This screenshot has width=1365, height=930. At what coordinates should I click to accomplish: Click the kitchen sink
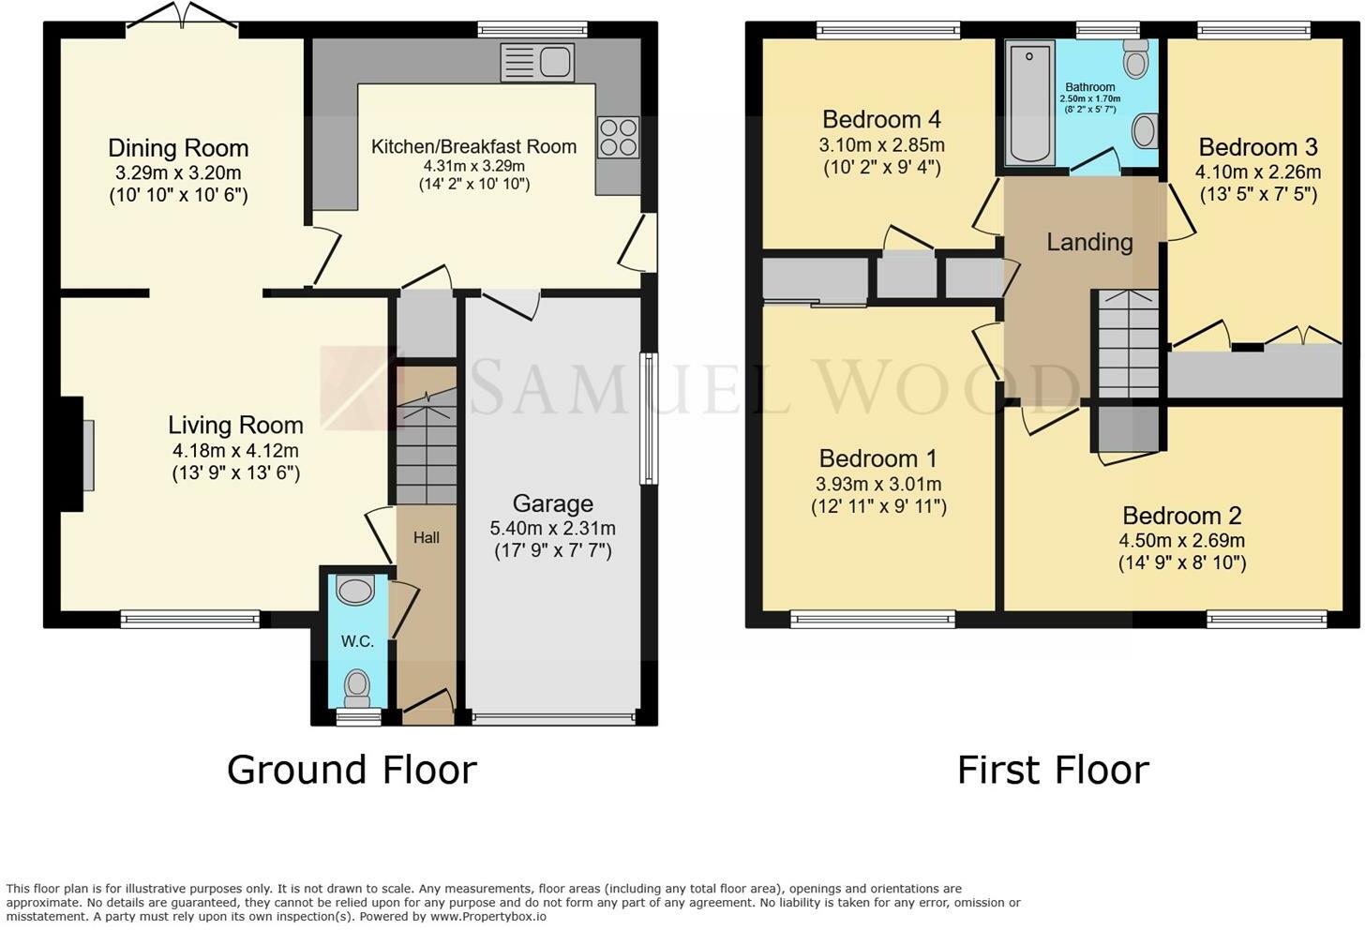pos(537,62)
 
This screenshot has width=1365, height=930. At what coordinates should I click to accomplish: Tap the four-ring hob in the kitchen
pos(619,137)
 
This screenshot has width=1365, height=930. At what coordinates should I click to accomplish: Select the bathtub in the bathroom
pos(1029,103)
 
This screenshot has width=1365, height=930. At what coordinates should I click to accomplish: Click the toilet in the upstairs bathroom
pos(1136,58)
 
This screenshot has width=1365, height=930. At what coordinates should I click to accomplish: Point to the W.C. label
pos(357,641)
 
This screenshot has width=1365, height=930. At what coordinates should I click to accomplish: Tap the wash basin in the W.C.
pos(355,590)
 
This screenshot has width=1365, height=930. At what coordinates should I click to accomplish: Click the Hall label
pos(426,537)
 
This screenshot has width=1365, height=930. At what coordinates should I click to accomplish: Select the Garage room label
pos(553,503)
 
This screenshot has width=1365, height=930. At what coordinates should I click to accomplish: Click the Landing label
pos(1089,242)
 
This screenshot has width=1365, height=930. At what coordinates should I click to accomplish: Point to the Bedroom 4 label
pos(881,119)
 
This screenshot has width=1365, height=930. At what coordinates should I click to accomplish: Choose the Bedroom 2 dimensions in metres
pos(1181,541)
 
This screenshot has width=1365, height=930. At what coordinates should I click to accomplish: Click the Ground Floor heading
pos(352,770)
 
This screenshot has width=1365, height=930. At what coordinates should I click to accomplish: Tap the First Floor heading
pos(1053,770)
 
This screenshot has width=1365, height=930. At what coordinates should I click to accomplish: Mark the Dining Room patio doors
pos(182,17)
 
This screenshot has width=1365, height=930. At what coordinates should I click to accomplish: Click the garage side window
pos(649,419)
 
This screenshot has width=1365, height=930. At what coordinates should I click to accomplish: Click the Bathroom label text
pos(1090,87)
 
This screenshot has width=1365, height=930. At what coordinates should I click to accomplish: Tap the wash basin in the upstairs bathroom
pos(1145,130)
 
